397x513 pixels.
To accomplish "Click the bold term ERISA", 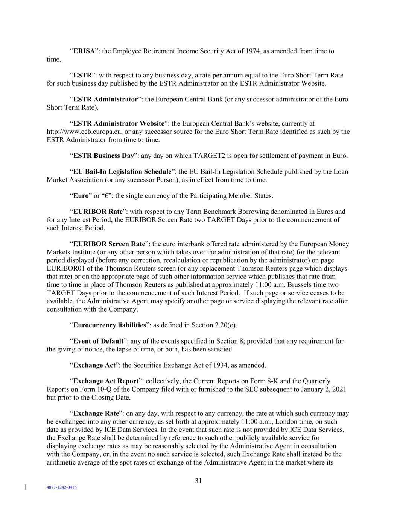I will [84, 51].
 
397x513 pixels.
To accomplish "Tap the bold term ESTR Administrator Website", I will [119, 123].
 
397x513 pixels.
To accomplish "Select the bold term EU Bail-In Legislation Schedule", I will [122, 171].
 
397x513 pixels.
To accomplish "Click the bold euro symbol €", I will [106, 196].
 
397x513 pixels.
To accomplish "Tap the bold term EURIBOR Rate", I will [98, 212].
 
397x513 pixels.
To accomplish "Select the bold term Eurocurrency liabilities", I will [110, 325].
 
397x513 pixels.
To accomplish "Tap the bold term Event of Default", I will [98, 341].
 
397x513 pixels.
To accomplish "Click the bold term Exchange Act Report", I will [106, 381].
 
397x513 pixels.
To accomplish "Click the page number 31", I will [198, 481].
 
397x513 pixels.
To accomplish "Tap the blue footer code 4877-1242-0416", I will [62, 487].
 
